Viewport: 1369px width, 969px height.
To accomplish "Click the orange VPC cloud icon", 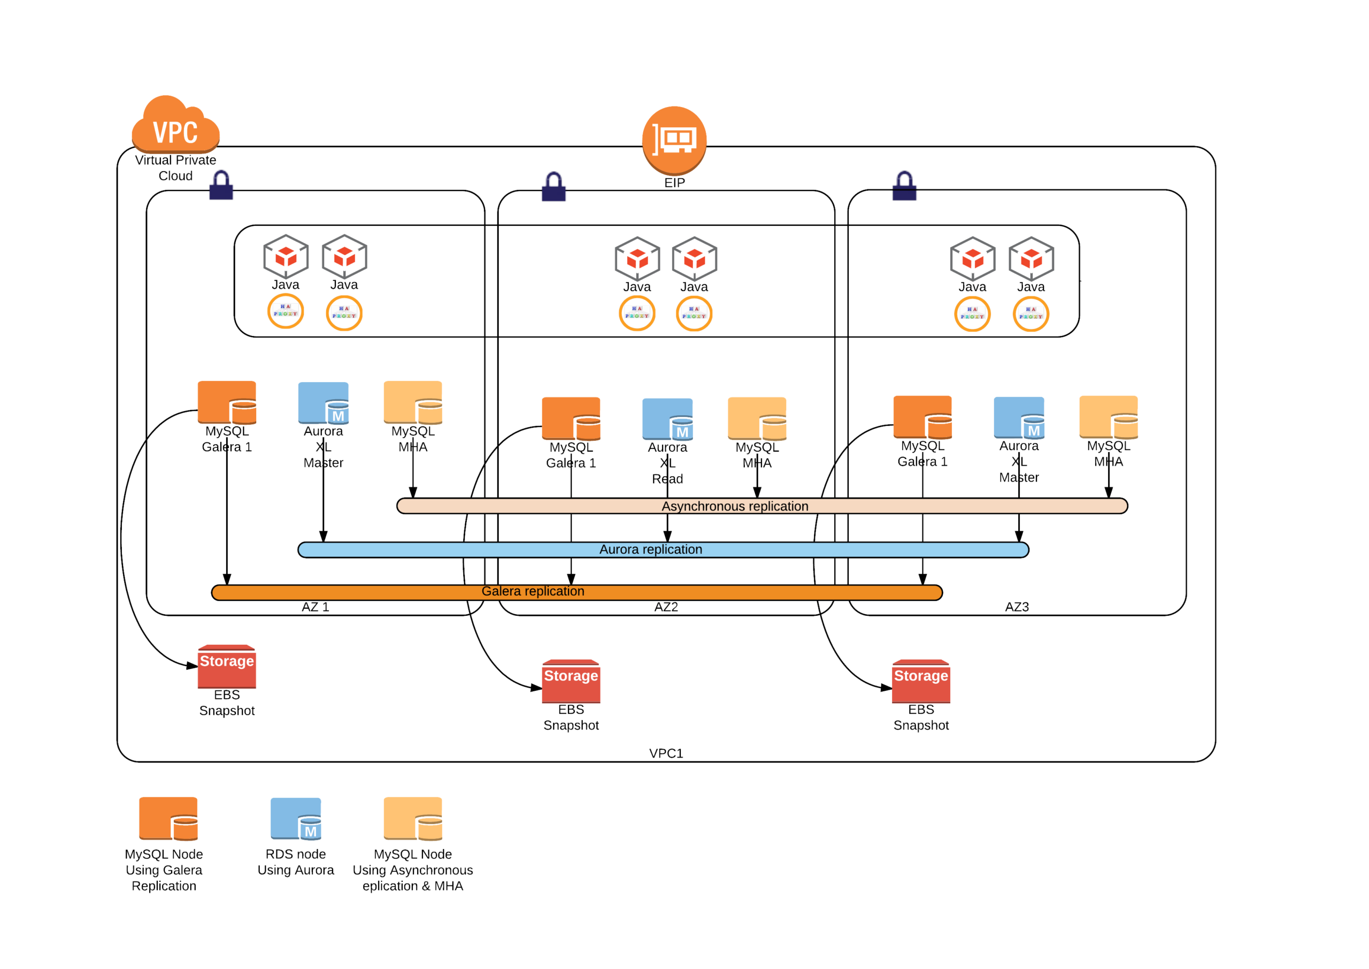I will point(175,125).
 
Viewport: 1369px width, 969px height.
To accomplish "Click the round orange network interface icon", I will point(674,140).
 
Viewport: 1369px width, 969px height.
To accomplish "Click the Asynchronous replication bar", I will point(762,506).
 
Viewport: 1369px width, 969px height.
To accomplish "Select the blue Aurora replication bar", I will point(663,550).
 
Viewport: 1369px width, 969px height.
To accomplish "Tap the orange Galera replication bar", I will point(576,592).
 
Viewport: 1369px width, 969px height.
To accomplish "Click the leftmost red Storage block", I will point(227,667).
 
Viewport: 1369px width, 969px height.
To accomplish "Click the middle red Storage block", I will point(571,681).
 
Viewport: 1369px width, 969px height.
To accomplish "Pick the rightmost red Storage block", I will point(921,681).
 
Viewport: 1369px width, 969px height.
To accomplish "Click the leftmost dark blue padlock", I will point(221,185).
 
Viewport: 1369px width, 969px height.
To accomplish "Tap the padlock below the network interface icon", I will point(554,187).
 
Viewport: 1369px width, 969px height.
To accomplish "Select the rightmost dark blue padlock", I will point(904,186).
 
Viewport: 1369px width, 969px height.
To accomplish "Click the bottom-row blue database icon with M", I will point(296,819).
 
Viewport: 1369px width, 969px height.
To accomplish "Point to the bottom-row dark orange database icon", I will point(168,819).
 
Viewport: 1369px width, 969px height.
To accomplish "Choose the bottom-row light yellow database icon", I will point(413,819).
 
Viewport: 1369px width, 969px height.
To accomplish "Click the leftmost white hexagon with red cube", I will point(286,257).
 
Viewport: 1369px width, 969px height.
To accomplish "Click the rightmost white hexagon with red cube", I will point(1032,259).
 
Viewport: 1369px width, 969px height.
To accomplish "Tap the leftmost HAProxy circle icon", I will point(286,311).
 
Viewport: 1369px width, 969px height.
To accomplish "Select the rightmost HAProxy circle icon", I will point(1031,314).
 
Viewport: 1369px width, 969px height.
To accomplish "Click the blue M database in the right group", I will point(1019,418).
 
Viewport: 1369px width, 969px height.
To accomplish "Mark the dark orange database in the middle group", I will point(571,418).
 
